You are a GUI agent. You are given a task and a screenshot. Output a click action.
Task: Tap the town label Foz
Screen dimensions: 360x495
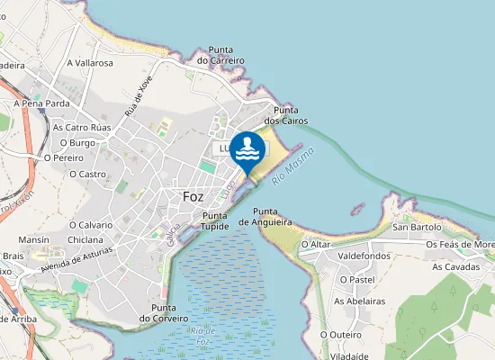tap(193, 196)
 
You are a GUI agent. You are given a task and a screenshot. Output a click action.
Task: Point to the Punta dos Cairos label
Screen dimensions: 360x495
tap(285, 114)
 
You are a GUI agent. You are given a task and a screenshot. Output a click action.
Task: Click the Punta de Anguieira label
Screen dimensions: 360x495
tap(265, 216)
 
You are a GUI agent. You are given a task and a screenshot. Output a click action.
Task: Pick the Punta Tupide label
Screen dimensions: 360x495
tap(215, 220)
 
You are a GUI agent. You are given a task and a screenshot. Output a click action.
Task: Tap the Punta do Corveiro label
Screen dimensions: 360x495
tap(163, 312)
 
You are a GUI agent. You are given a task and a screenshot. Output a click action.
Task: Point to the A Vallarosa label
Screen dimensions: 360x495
tap(90, 63)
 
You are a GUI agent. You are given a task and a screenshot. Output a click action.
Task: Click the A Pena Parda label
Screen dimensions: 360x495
tap(41, 103)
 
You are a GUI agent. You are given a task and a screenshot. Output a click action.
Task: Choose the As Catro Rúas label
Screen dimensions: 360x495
tap(82, 128)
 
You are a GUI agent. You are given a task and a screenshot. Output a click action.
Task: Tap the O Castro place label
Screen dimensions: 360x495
tap(88, 174)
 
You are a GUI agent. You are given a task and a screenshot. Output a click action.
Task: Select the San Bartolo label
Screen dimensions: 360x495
tap(417, 227)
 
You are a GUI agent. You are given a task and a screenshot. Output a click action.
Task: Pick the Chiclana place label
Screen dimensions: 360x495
tap(85, 240)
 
